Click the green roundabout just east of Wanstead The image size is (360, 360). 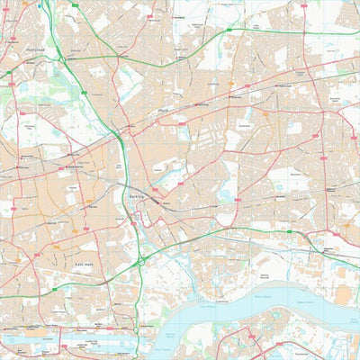pos(62,58)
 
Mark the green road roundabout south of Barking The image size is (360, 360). pos(141,261)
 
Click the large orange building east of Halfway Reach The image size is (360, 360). pos(343,295)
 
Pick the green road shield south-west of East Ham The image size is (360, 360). pos(55,289)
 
